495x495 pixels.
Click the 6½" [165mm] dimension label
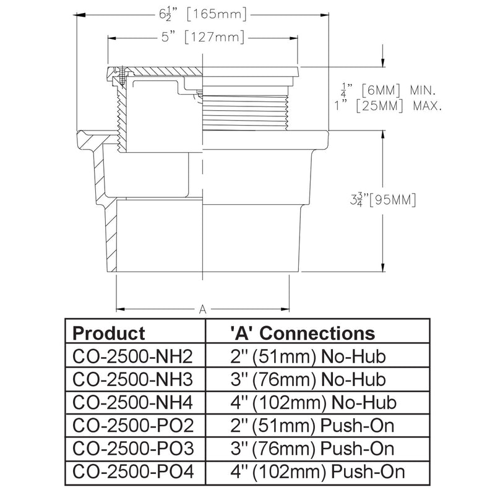(x=202, y=14)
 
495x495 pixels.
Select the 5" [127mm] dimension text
(x=203, y=37)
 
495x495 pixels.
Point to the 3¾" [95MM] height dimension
(x=383, y=200)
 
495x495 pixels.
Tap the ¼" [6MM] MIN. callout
(x=389, y=90)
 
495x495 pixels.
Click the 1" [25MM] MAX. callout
(x=388, y=106)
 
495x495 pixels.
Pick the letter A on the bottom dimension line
(x=203, y=309)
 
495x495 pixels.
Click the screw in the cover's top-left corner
(x=123, y=75)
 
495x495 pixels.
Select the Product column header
(x=109, y=333)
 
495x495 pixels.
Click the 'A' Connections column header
(x=303, y=333)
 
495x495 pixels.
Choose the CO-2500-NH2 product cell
(x=132, y=356)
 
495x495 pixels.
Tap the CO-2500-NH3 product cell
(x=132, y=379)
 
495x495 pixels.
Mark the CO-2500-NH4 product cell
(x=132, y=403)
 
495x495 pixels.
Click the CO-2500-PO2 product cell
(x=133, y=426)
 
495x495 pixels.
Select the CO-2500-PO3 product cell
(x=133, y=449)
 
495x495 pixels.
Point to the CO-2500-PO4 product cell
(x=133, y=472)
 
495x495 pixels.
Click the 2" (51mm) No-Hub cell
(x=308, y=356)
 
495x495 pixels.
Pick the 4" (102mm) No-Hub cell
(x=314, y=403)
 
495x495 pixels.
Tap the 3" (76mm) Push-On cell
(x=312, y=449)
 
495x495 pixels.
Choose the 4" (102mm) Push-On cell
(x=317, y=472)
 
